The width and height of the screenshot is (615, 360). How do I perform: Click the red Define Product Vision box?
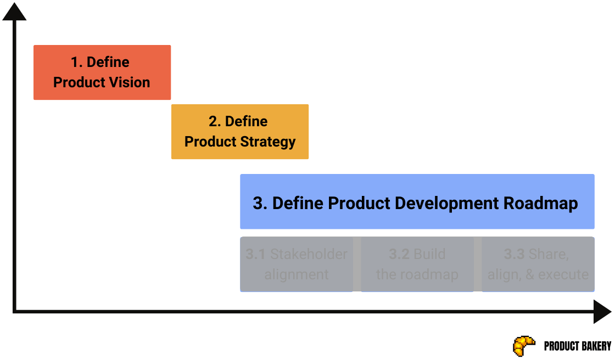[x=102, y=72]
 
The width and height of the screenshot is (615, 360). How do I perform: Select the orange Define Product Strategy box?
[x=240, y=132]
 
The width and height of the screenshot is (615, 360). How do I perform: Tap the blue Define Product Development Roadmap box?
[x=417, y=201]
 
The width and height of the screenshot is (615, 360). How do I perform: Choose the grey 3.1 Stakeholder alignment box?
[x=297, y=265]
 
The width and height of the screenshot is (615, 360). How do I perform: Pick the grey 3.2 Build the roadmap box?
[x=417, y=265]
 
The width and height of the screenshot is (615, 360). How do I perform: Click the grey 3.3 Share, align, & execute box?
[x=538, y=265]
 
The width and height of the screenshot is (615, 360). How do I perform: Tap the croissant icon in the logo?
[x=524, y=346]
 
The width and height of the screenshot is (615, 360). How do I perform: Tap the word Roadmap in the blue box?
[x=540, y=204]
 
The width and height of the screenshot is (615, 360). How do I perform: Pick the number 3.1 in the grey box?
[x=255, y=255]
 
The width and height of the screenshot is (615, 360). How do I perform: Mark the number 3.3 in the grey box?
[x=514, y=255]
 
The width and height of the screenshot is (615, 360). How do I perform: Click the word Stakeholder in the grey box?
[x=309, y=255]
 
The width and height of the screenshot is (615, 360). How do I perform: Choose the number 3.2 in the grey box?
[x=399, y=255]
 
